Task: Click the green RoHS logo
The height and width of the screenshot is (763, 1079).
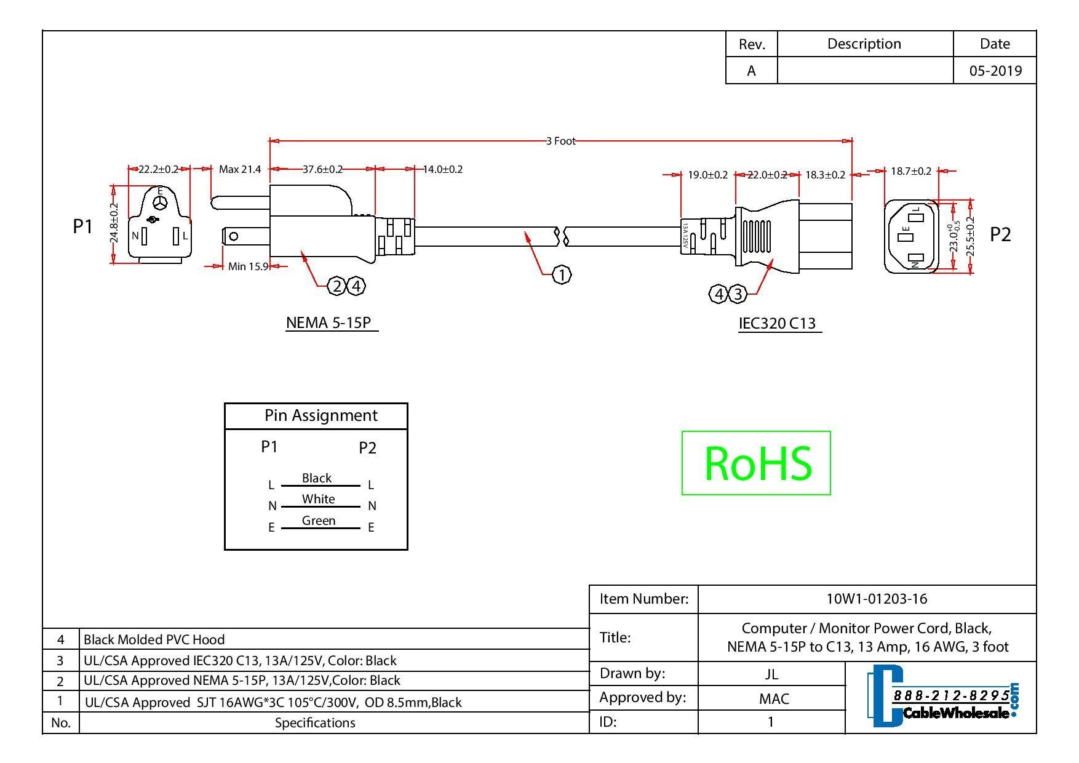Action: tap(756, 463)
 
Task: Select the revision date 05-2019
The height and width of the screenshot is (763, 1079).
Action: tap(995, 71)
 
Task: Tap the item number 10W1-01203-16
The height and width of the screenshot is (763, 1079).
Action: tap(876, 599)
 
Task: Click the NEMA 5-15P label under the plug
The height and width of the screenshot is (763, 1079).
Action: tap(331, 322)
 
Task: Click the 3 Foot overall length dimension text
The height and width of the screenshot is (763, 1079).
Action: tap(560, 141)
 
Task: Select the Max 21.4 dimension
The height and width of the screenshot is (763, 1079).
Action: tap(240, 169)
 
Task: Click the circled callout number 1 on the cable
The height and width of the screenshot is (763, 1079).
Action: tap(561, 274)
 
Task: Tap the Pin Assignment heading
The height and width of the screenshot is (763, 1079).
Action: tap(321, 415)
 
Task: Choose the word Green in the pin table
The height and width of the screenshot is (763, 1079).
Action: tap(319, 521)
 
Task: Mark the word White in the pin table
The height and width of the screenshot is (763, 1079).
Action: tap(318, 499)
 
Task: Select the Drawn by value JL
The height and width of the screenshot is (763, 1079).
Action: tap(771, 674)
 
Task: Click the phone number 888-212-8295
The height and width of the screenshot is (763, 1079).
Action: tap(951, 695)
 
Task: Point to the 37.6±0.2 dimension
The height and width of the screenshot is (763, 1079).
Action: tap(322, 169)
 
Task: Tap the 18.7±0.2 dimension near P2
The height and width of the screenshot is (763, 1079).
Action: tap(911, 171)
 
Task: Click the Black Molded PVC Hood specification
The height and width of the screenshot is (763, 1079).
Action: tap(154, 639)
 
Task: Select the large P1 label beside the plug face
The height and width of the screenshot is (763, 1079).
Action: tap(82, 226)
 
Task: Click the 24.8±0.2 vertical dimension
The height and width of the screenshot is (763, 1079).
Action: tap(113, 223)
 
